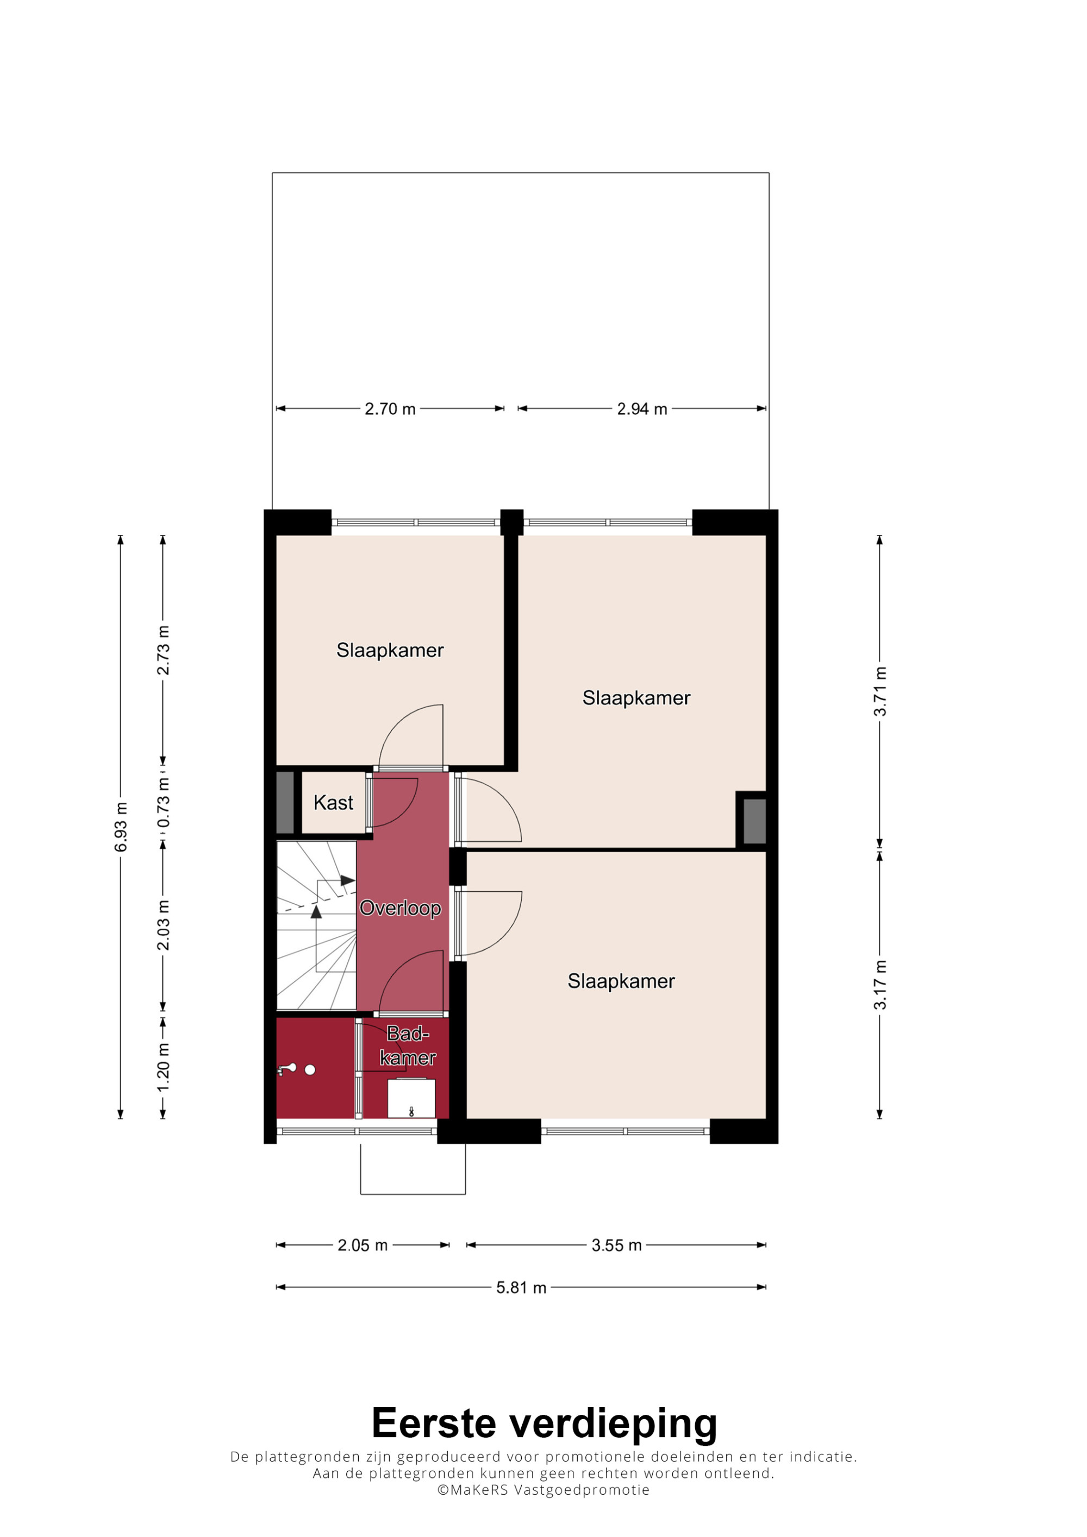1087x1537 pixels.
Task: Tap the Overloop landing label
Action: tap(400, 909)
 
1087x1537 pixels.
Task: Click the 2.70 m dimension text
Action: tap(390, 408)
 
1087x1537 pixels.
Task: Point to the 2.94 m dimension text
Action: tap(642, 408)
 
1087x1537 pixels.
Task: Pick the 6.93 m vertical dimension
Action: tap(121, 827)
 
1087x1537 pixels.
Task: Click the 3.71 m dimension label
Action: tap(879, 691)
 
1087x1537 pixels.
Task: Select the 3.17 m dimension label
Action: tap(879, 984)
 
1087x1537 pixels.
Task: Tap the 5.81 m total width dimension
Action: tap(521, 1287)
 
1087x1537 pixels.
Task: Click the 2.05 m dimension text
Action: tap(363, 1245)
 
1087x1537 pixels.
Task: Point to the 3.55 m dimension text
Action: tap(616, 1245)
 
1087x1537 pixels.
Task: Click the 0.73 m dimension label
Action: tap(163, 802)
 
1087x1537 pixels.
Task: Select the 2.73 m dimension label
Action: tap(163, 650)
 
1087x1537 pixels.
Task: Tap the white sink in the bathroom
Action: tap(411, 1099)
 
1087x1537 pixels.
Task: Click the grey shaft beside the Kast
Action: tap(285, 803)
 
